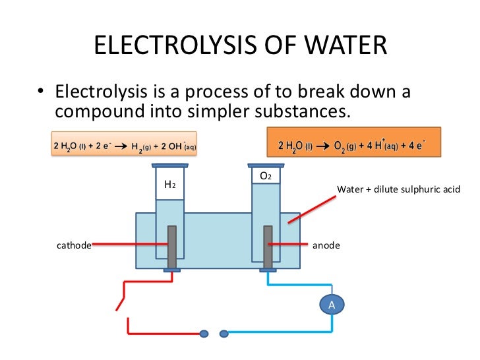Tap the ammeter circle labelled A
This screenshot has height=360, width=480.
(x=332, y=304)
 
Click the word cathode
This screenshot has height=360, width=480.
(x=73, y=245)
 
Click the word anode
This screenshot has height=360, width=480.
(x=326, y=245)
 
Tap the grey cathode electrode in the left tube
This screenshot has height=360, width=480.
(x=171, y=247)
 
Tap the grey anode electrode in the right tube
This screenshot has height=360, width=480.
(x=268, y=247)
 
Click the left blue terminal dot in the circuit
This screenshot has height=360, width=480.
(x=204, y=332)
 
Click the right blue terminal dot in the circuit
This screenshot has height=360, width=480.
(x=224, y=332)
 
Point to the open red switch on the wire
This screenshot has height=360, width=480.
(x=121, y=300)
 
